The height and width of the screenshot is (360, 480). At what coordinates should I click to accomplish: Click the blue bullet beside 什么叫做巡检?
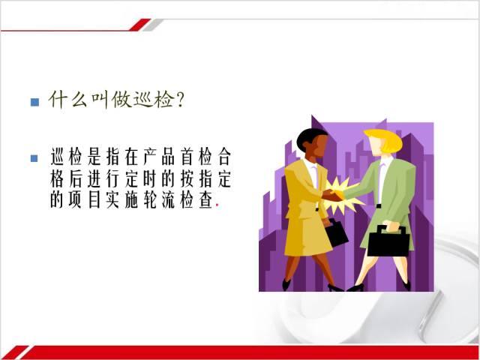[x=35, y=102]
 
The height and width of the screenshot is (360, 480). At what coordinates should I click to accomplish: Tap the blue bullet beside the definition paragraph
[x=34, y=158]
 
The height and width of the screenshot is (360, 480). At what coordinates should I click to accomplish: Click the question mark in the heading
[x=180, y=100]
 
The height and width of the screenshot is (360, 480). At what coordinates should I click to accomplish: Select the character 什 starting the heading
[x=58, y=100]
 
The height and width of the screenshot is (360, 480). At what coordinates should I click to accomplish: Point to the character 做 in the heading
[x=121, y=100]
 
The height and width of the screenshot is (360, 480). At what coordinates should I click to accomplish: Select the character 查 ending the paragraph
[x=206, y=200]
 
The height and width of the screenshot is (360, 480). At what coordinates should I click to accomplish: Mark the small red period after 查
[x=217, y=206]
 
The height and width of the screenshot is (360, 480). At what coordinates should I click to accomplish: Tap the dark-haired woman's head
[x=312, y=143]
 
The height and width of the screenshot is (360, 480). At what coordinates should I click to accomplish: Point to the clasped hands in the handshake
[x=334, y=195]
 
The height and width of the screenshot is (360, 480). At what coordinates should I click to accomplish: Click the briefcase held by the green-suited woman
[x=388, y=241]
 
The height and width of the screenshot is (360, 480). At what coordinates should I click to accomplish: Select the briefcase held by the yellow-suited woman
[x=335, y=232]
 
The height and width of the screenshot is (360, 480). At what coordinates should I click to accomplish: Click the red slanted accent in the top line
[x=139, y=25]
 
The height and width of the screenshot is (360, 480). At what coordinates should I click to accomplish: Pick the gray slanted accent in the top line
[x=152, y=25]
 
